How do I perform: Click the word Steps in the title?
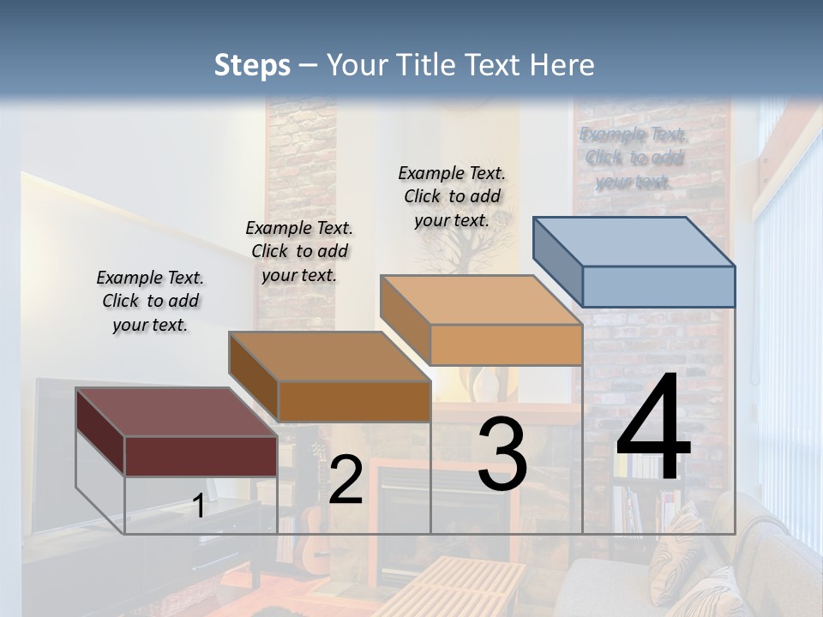[252, 65]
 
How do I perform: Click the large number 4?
[653, 428]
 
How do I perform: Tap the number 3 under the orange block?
[502, 454]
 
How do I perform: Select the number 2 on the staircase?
[345, 481]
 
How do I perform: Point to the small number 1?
[198, 506]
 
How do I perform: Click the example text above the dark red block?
[150, 301]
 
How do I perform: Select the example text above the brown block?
[299, 251]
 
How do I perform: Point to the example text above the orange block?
[452, 196]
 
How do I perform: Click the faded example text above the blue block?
[634, 158]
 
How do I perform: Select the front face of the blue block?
[658, 286]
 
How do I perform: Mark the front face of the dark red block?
[201, 456]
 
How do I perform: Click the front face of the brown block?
[353, 401]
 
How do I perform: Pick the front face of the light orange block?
[506, 344]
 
